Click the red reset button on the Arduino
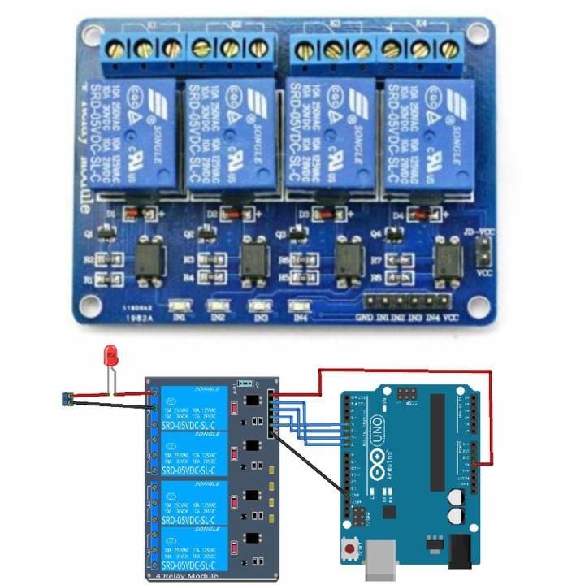click(x=350, y=550)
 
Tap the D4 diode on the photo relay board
click(x=420, y=215)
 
